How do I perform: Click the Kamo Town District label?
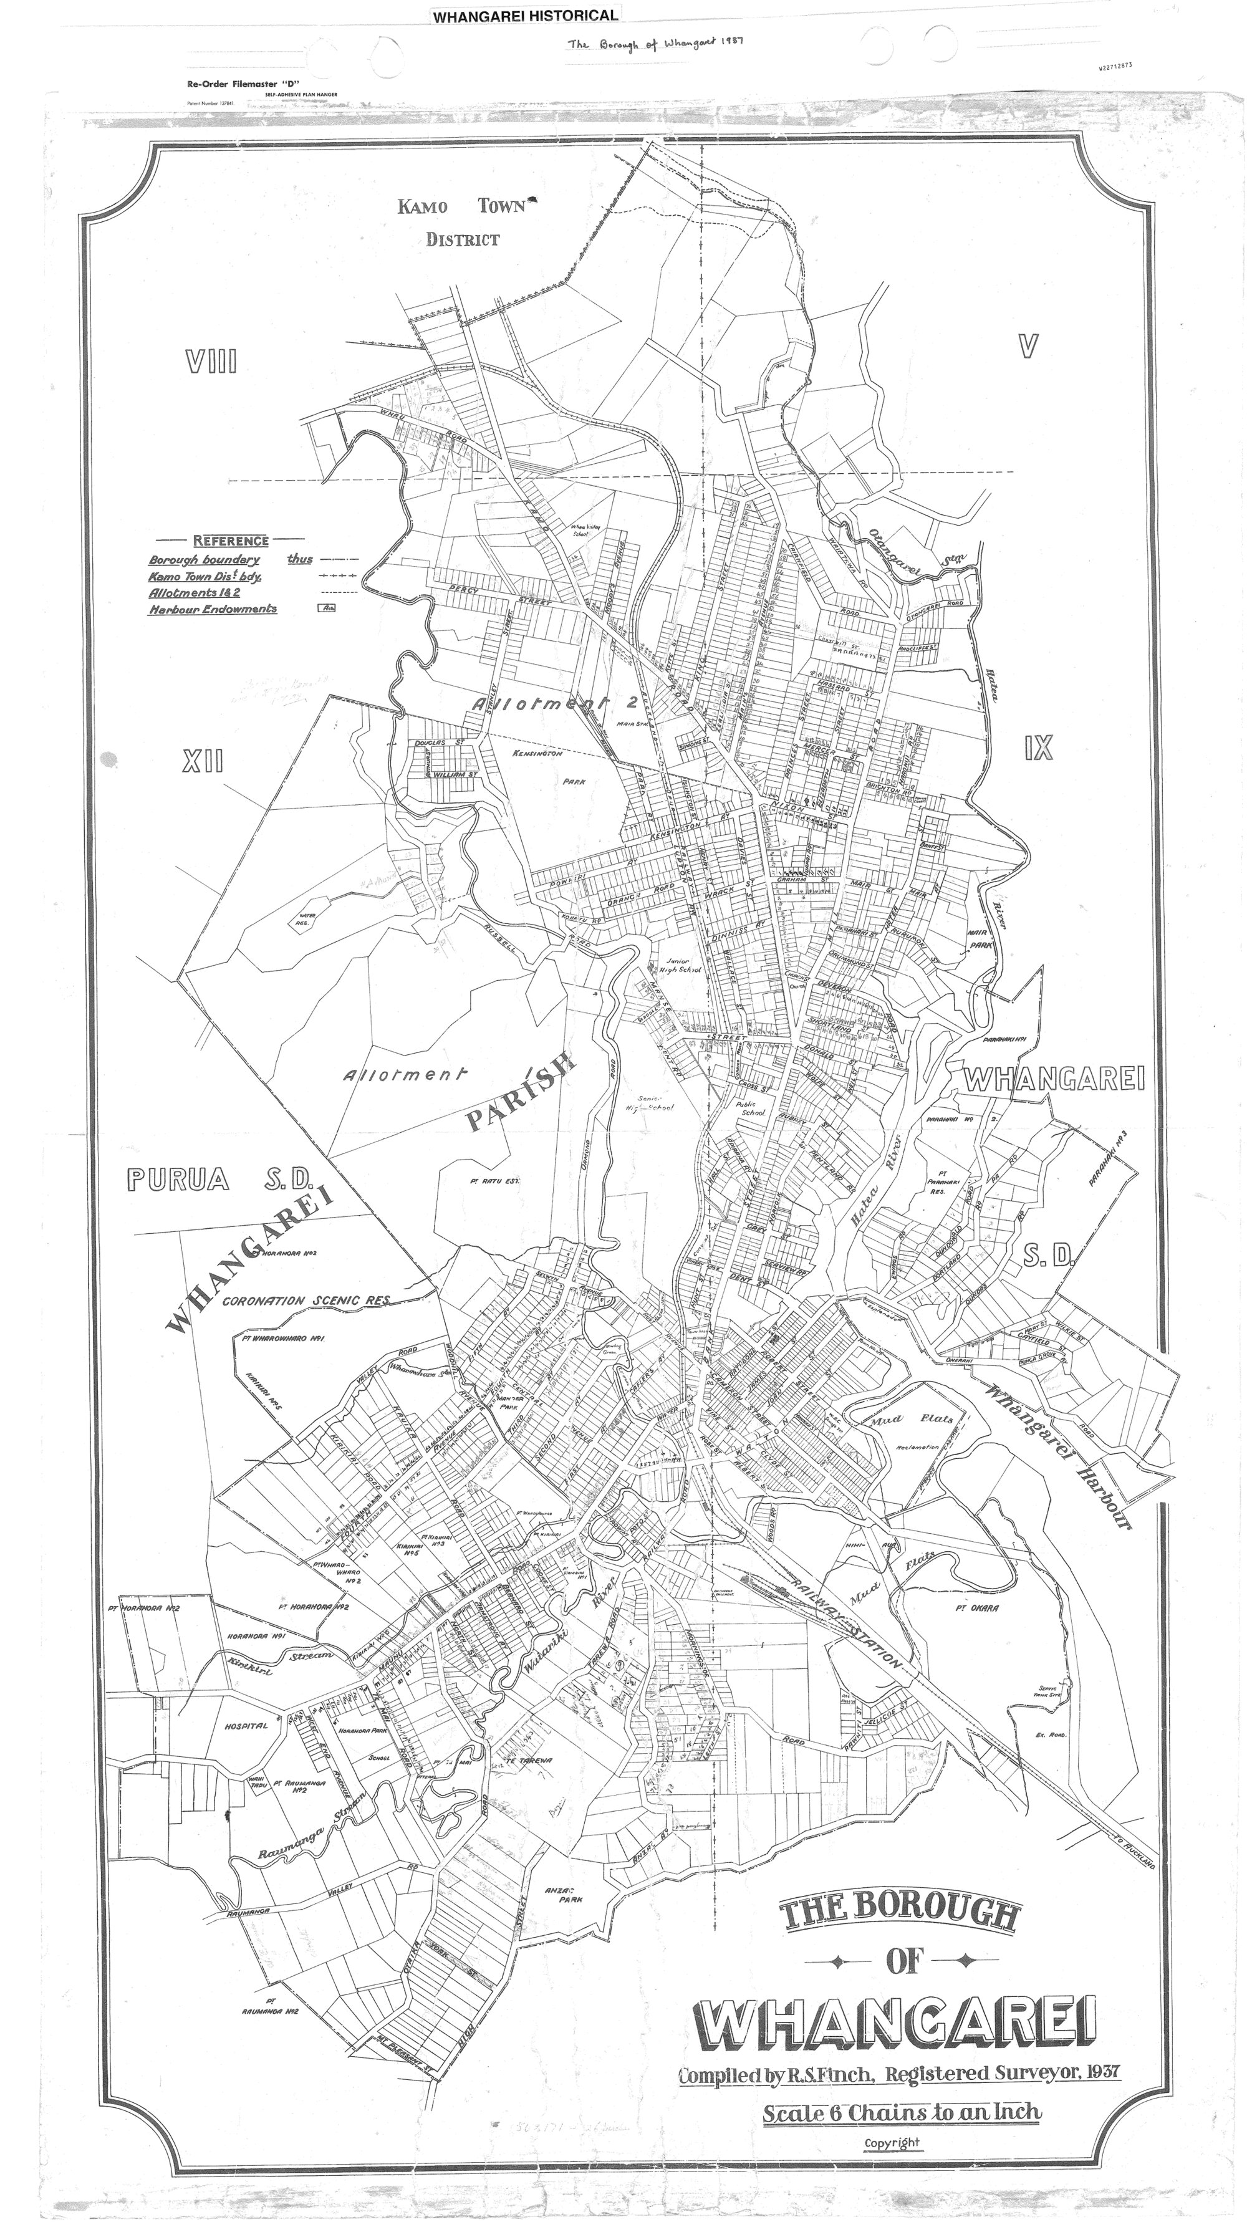[x=462, y=223]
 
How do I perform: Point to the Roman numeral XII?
[x=203, y=761]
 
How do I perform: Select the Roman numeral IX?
[x=1038, y=748]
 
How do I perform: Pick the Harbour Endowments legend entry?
[x=213, y=609]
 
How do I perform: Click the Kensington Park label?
[x=538, y=767]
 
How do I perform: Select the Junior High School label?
[x=679, y=964]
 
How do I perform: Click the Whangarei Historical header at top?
[x=525, y=16]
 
